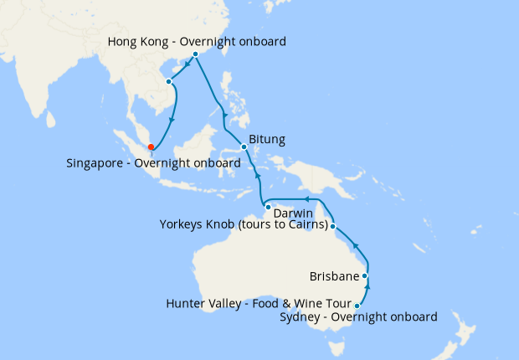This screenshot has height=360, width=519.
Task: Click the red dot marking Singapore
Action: tap(151, 147)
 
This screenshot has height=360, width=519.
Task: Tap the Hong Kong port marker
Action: tap(195, 54)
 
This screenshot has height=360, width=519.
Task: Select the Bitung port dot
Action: tap(244, 147)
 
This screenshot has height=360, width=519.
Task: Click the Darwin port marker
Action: tap(267, 206)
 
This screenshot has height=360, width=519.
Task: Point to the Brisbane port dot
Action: tap(365, 275)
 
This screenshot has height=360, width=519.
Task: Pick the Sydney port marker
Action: tap(357, 306)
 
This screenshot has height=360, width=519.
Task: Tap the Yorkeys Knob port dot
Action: tap(333, 226)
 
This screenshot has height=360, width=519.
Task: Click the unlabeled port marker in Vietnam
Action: tap(169, 81)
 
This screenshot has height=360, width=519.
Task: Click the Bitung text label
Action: tap(268, 139)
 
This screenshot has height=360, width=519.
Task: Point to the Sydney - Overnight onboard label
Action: tap(359, 317)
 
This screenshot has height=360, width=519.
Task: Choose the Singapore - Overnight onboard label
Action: tap(147, 163)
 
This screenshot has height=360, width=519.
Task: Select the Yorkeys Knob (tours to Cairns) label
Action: tap(242, 224)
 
